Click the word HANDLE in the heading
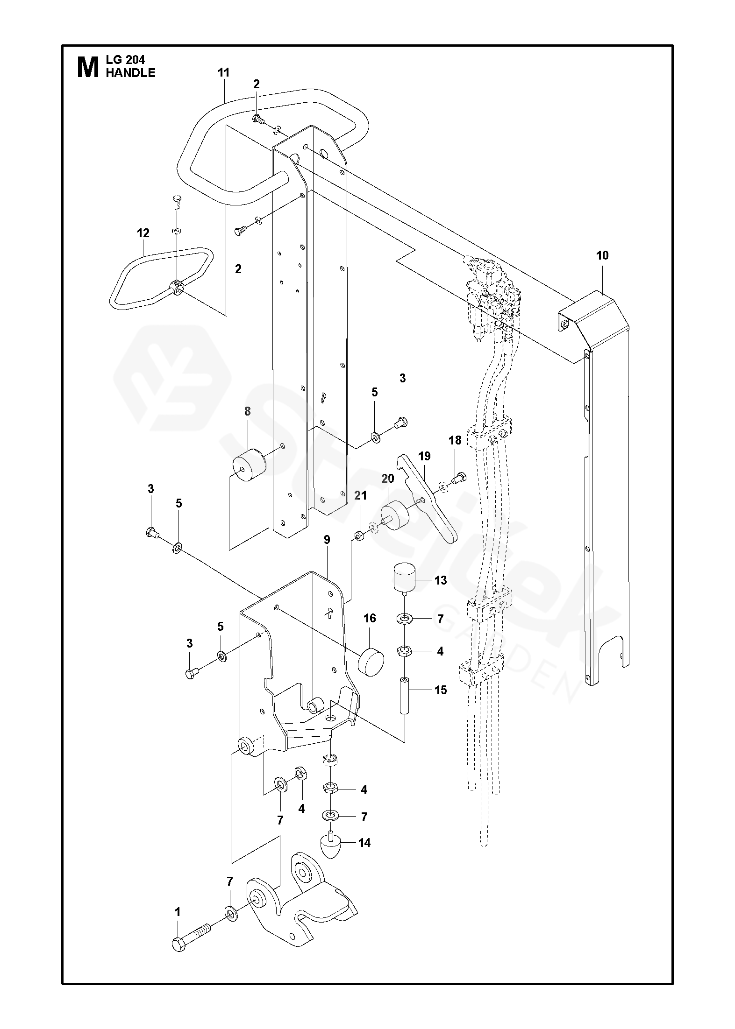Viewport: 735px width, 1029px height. pyautogui.click(x=130, y=73)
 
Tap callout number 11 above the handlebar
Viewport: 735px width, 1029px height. pyautogui.click(x=224, y=72)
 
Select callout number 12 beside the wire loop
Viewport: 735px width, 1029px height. pyautogui.click(x=143, y=233)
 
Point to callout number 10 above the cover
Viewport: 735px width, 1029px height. pyautogui.click(x=602, y=255)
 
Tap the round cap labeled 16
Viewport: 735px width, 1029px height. pyautogui.click(x=371, y=659)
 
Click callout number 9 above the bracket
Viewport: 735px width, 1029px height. pyautogui.click(x=327, y=540)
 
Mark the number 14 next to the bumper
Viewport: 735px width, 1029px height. pyautogui.click(x=364, y=842)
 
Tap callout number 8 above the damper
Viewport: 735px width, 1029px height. pyautogui.click(x=247, y=411)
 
